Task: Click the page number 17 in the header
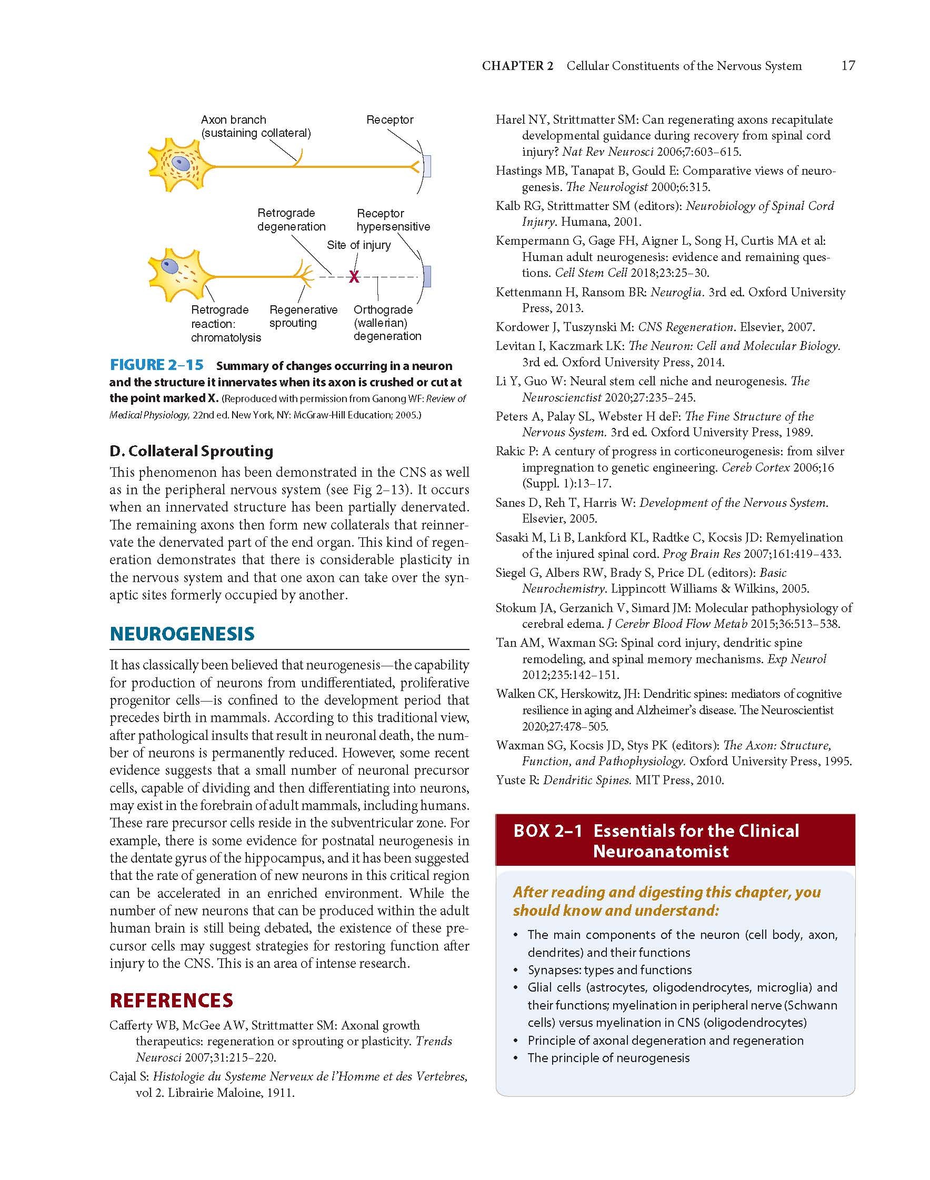pos(848,66)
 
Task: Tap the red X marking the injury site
pos(354,277)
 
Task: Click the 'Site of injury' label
pos(358,245)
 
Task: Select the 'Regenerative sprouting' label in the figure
pos(303,316)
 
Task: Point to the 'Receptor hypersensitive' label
pos(393,220)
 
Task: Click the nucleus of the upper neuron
pos(179,162)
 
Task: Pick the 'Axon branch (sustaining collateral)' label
pos(255,126)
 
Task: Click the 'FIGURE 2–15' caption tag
pos(157,365)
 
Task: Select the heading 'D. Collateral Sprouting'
pos(191,451)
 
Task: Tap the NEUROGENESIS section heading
pos(182,633)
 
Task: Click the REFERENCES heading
pos(171,1000)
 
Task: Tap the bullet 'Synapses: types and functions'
pos(609,970)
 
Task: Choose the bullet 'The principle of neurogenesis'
pos(608,1057)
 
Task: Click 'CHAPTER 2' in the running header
pos(517,66)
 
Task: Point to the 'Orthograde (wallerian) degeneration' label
pos(387,323)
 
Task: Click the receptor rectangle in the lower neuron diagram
pos(427,277)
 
